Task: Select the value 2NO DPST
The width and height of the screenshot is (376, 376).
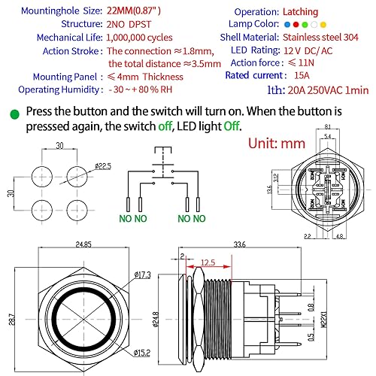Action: click(x=132, y=24)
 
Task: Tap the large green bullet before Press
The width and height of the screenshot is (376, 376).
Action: click(x=14, y=114)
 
